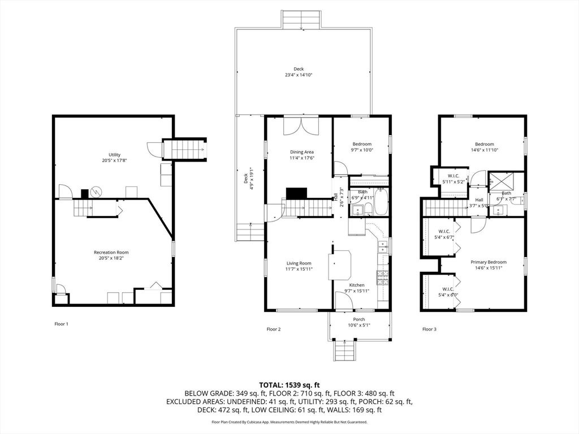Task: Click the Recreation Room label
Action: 111,253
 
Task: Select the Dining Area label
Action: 302,152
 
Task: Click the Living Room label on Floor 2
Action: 299,263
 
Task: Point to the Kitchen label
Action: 357,285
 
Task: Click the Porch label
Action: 359,319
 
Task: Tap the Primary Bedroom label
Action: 489,262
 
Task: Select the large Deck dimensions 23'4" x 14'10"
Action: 299,75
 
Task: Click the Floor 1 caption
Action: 61,324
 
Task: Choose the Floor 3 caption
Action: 430,329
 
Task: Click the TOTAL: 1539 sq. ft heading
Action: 289,385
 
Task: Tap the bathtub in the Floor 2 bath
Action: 381,202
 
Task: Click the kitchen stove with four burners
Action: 382,277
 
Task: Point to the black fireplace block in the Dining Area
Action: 296,193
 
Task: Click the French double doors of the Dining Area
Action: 301,126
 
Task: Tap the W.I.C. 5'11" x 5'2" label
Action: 453,179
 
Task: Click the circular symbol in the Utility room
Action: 96,192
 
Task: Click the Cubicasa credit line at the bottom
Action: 289,422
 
